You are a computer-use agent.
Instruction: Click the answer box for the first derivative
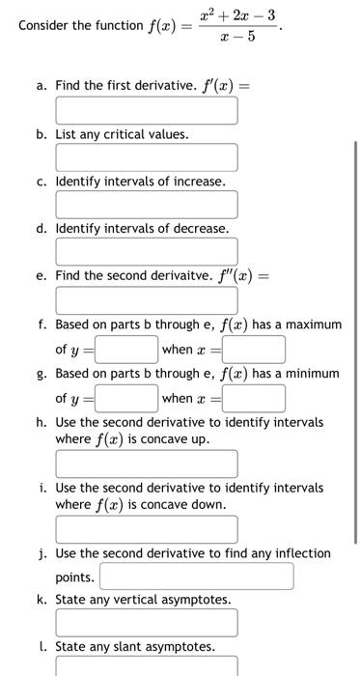coord(146,110)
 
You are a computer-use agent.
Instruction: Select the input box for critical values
coord(146,157)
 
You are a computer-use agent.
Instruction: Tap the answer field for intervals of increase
coord(146,204)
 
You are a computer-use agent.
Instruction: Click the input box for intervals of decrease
coord(146,251)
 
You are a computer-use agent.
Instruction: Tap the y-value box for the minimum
coord(125,398)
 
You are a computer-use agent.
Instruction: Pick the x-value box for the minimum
coord(255,398)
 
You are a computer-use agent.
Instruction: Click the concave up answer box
coord(146,464)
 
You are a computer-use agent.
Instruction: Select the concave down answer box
coord(146,529)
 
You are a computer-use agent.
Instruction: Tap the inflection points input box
coord(196,577)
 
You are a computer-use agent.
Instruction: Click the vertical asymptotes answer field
coord(146,623)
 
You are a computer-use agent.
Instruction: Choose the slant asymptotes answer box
coord(146,666)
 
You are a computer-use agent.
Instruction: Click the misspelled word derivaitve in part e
coord(181,275)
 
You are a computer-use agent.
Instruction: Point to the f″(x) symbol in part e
coord(238,275)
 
